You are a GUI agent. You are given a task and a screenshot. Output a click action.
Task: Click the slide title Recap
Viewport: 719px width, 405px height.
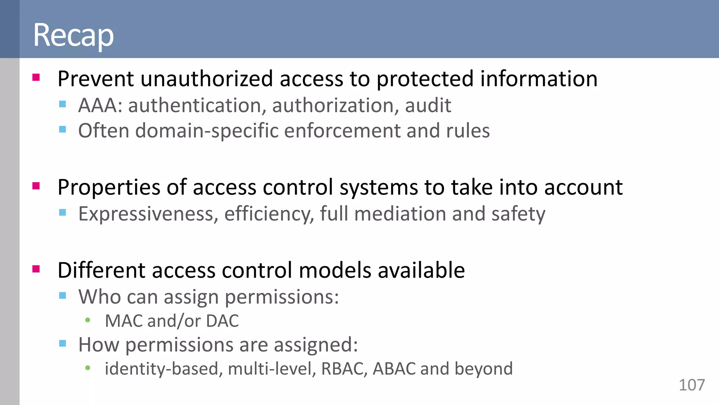point(73,35)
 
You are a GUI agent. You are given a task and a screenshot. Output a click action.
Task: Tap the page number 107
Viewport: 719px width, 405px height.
point(692,385)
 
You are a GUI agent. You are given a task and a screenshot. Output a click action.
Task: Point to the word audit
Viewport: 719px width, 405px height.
point(428,105)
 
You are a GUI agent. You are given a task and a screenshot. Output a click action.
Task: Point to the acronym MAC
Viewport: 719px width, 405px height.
point(123,321)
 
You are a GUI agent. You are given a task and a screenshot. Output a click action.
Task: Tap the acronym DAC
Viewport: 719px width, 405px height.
point(222,321)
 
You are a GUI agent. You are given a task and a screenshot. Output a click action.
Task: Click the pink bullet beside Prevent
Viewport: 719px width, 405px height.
point(36,77)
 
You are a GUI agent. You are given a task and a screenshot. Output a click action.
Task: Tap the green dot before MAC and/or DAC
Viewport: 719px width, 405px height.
point(88,320)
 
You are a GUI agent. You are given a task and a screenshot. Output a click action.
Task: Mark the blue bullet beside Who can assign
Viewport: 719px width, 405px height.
point(62,295)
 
